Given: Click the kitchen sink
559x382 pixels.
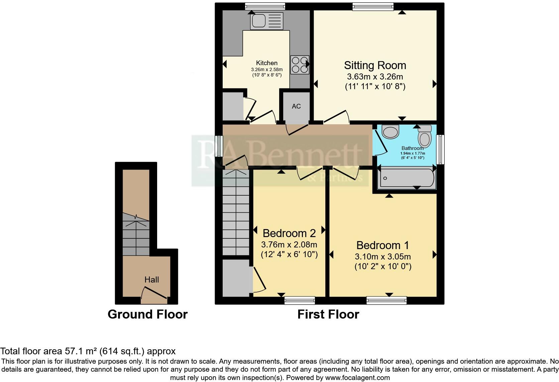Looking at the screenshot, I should (x=266, y=21).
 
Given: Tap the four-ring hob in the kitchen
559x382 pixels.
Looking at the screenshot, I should (x=300, y=65).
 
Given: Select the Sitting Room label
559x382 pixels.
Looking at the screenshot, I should (x=375, y=65).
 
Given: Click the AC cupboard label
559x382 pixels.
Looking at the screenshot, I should (x=296, y=106).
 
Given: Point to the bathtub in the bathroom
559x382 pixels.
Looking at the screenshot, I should (x=406, y=178).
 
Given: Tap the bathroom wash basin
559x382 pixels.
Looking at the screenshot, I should (x=390, y=132).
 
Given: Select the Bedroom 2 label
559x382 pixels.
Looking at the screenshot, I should (x=289, y=233).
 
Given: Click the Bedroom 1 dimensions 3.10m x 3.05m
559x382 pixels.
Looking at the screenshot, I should (x=382, y=257).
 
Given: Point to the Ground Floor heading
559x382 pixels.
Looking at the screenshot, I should (x=147, y=314).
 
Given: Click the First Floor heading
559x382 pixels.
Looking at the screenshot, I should (x=328, y=314).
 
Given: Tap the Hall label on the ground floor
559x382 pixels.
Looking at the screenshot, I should (x=151, y=279).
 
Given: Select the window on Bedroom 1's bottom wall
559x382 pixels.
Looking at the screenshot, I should (x=386, y=300).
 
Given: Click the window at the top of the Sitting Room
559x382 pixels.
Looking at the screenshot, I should (x=372, y=6).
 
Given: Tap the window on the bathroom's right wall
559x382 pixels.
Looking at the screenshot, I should (x=441, y=149).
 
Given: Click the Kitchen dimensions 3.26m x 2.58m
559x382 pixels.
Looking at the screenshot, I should (x=266, y=69).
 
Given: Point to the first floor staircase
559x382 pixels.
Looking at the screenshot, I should (x=236, y=212).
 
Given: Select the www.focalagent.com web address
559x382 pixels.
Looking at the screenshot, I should (x=357, y=378).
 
